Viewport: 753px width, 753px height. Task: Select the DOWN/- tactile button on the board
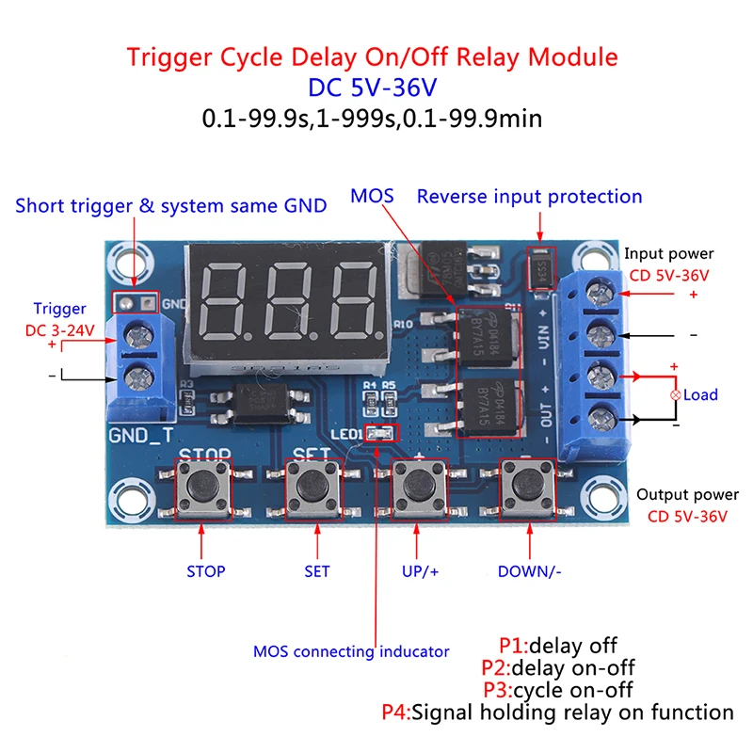tap(523, 488)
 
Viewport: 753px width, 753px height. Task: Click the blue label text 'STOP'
tap(206, 571)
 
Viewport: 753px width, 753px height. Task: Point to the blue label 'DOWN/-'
tap(530, 571)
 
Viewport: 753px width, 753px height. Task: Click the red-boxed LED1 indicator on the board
tap(381, 434)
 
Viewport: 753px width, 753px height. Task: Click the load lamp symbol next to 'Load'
tap(674, 395)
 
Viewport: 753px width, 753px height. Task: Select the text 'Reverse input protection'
tap(529, 197)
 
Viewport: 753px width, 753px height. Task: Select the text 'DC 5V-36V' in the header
tap(373, 88)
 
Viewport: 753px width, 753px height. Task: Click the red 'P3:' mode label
tap(500, 690)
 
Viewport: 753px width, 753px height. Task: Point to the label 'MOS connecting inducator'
tap(351, 651)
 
